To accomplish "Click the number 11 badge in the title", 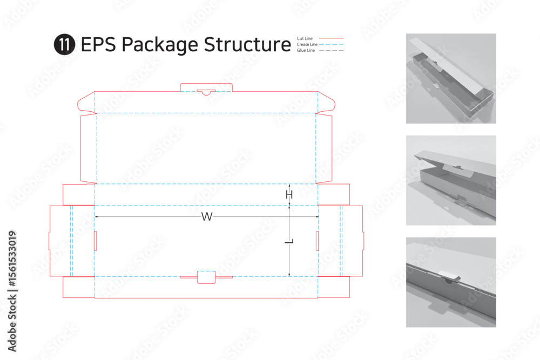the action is click(x=64, y=44).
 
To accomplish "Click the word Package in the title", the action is click(x=159, y=45).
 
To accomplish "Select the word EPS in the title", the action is click(x=98, y=44).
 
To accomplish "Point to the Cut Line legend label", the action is click(x=305, y=38).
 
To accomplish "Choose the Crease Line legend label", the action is click(x=307, y=44).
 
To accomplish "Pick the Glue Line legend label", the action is click(x=306, y=50).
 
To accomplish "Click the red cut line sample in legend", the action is click(x=332, y=38).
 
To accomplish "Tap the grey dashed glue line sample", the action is click(x=332, y=50).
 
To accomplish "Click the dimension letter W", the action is click(x=207, y=217).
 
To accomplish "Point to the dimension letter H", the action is click(x=289, y=195).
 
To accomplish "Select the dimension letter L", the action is click(x=289, y=241).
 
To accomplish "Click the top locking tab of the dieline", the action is click(x=206, y=87).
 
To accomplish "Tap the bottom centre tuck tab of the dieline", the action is click(x=206, y=277).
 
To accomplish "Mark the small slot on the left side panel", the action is click(x=96, y=241).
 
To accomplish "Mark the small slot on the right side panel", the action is click(x=317, y=241).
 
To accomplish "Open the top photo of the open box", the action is click(x=451, y=78).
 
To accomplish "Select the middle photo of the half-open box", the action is click(x=451, y=180).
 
